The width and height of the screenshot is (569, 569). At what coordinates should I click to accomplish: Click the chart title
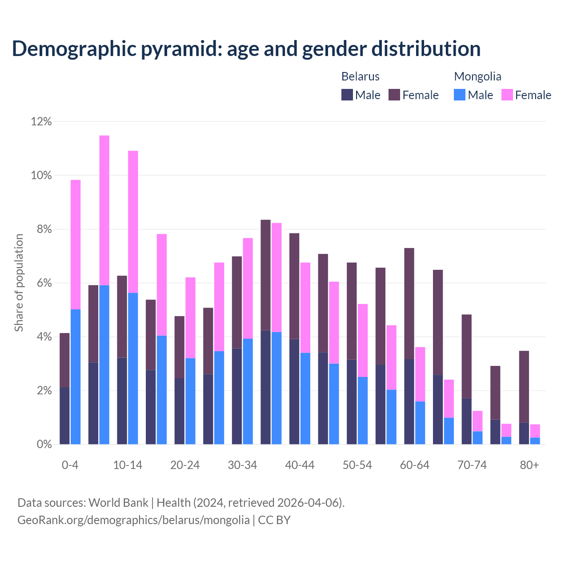pos(246,48)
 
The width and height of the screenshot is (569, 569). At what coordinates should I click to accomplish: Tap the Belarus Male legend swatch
pos(347,95)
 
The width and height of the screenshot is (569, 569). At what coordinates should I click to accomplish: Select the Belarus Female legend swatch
pos(394,95)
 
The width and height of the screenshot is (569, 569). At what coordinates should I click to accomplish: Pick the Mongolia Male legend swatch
pos(460,95)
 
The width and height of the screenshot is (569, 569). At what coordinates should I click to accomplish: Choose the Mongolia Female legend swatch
pos(507,95)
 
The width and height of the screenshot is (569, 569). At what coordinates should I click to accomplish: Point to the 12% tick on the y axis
pos(41,121)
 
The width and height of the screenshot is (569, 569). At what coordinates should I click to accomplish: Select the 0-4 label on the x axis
pos(70,465)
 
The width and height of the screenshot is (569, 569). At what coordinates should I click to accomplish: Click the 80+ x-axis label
pos(529,465)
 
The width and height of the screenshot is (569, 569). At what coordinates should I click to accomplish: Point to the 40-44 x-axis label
pos(300,465)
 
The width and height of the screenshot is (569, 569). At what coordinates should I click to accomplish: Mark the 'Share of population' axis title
pos(19,283)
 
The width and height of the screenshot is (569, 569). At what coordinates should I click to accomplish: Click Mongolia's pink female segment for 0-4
pos(76,244)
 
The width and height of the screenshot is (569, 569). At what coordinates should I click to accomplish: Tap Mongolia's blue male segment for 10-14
pos(133,369)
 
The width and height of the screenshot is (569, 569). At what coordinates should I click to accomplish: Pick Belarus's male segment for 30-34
pos(237,396)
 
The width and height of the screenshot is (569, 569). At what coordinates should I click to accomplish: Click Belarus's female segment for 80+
pos(524,387)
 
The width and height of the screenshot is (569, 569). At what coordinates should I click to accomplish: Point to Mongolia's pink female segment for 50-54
pos(363,341)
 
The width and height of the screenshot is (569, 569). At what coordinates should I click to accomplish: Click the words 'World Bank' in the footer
pos(118,503)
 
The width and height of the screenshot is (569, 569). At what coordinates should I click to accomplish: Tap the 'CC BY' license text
pos(274,520)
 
